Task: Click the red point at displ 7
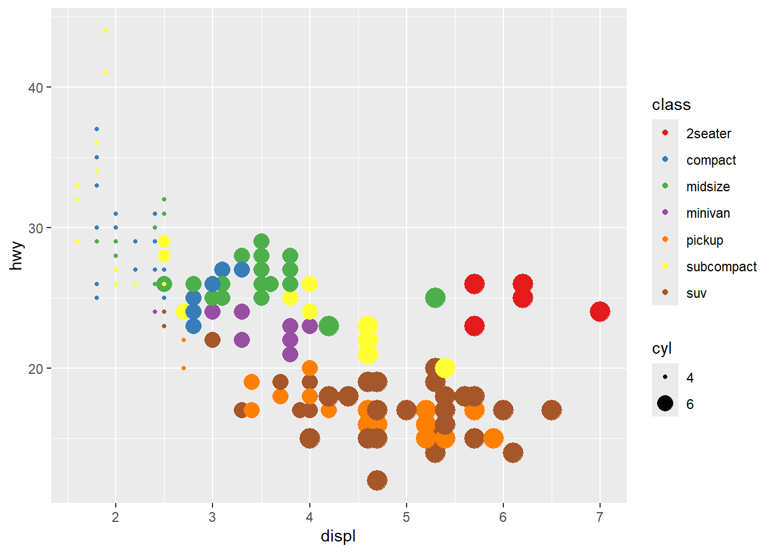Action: click(x=600, y=312)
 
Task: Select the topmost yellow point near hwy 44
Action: click(x=106, y=31)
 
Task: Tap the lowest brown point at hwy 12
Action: click(x=377, y=480)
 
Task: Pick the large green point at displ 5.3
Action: click(x=435, y=298)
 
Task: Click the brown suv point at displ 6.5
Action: click(x=552, y=410)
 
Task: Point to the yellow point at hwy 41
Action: click(x=106, y=73)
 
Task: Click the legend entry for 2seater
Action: click(x=708, y=134)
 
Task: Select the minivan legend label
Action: click(x=708, y=213)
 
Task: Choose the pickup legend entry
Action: click(x=704, y=240)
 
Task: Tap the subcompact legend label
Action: click(x=721, y=267)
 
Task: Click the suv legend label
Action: click(x=696, y=293)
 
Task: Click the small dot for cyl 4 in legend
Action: click(x=665, y=377)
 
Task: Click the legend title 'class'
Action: click(x=671, y=105)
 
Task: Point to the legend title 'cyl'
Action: click(x=662, y=349)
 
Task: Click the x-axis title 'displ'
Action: click(x=338, y=536)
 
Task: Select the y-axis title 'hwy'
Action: click(x=17, y=256)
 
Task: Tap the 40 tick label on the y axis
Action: click(x=36, y=88)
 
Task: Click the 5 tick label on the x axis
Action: click(x=407, y=517)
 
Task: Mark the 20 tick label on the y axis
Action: click(x=36, y=369)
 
